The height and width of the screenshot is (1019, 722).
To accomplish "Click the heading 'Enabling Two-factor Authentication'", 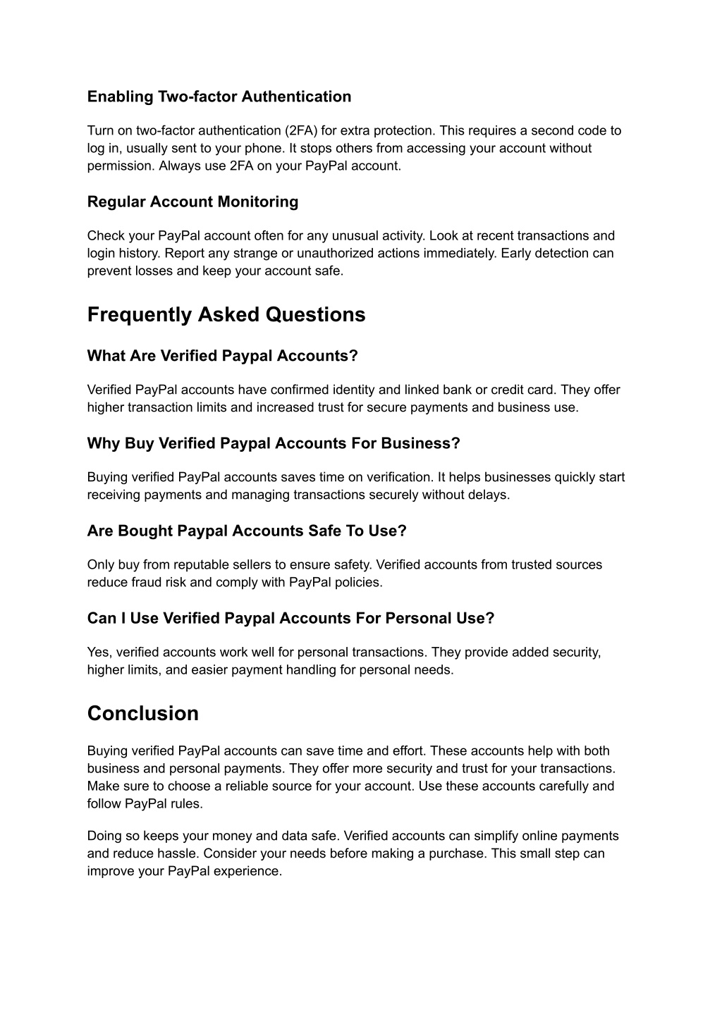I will tap(219, 97).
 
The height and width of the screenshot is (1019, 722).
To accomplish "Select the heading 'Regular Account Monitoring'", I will tap(192, 202).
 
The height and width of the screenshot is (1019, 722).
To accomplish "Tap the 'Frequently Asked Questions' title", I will tap(226, 314).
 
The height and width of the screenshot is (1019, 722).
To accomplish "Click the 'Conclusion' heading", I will tap(143, 713).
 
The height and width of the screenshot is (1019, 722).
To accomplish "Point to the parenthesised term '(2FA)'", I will tap(301, 130).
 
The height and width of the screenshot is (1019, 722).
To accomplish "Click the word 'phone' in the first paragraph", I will tap(264, 148).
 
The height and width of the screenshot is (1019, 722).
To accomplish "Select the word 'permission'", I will tap(119, 166).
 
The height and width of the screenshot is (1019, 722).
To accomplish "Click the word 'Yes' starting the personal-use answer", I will tap(98, 653).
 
